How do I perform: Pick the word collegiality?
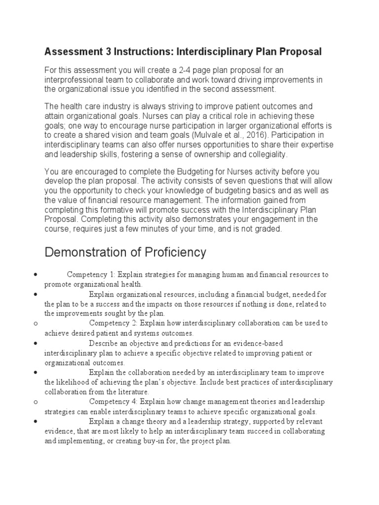(263, 154)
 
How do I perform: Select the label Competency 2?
(114, 323)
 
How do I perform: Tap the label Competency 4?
(114, 401)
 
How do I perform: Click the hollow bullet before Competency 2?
(36, 324)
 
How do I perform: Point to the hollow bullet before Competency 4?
(36, 402)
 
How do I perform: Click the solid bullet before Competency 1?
(36, 274)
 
